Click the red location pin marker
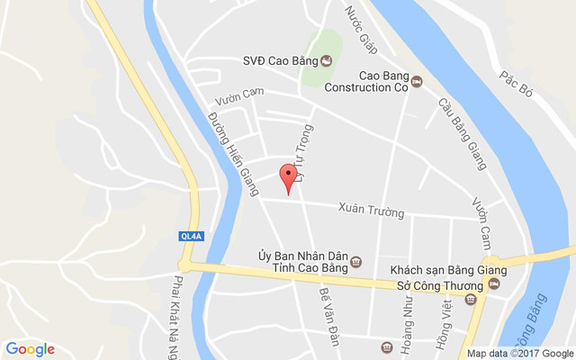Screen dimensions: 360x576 (x=287, y=177)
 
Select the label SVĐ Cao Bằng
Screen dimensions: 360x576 (x=280, y=61)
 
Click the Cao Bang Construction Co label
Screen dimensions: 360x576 (x=383, y=82)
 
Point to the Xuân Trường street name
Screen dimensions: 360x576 (x=371, y=211)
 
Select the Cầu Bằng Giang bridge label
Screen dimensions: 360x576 (x=462, y=134)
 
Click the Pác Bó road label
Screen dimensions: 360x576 (x=518, y=74)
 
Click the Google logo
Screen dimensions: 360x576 (x=30, y=349)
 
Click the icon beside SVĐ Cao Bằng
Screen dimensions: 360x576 (x=326, y=61)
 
